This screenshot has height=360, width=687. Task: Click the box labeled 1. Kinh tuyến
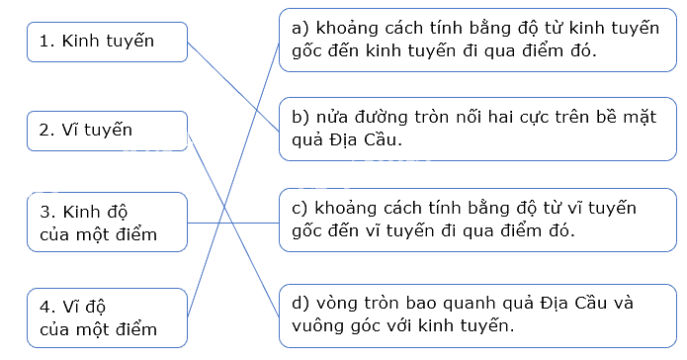[x=108, y=42]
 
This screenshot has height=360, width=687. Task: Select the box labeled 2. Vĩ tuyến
[x=108, y=131]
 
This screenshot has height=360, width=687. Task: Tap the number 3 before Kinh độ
[x=44, y=212]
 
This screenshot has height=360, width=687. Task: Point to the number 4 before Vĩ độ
[x=44, y=307]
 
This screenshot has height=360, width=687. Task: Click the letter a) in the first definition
[x=301, y=28]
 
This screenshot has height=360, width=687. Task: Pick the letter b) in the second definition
[x=301, y=117]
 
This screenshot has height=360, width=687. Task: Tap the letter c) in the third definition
[x=301, y=208]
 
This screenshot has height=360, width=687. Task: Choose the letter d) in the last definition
[x=301, y=303]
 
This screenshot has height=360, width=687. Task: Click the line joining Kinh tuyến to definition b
[x=233, y=87]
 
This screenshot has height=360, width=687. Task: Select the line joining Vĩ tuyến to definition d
[x=233, y=224]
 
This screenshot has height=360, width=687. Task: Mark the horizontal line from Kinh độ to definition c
[x=233, y=223]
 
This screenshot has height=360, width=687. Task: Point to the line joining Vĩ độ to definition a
[x=233, y=180]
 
